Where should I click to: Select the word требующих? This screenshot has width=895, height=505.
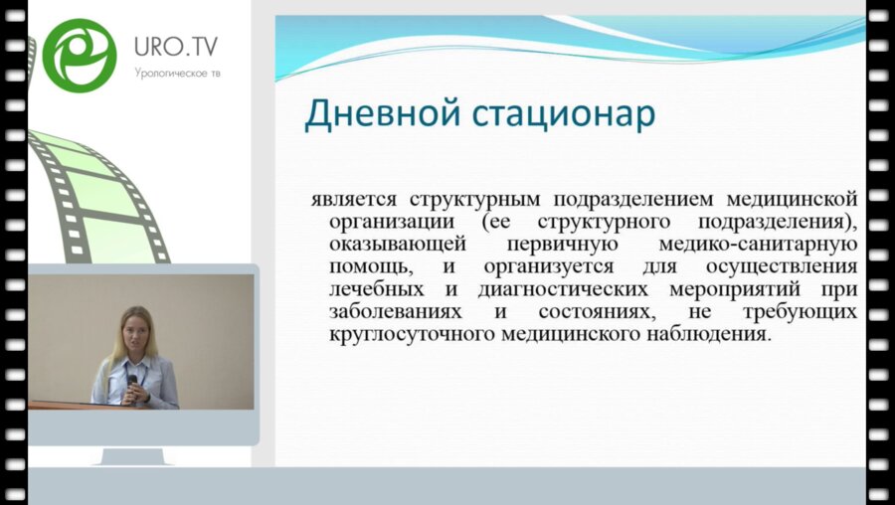tap(808, 312)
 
